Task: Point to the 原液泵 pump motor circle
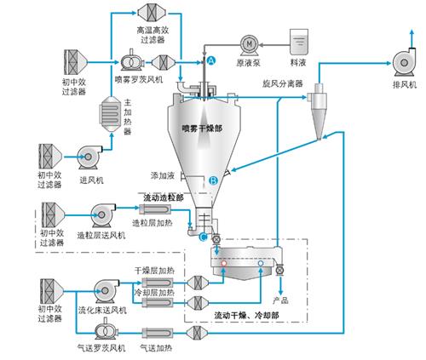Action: pos(249,42)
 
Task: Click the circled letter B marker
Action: pos(213,180)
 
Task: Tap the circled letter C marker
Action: pos(204,237)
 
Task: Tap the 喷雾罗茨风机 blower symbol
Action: pos(134,61)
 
